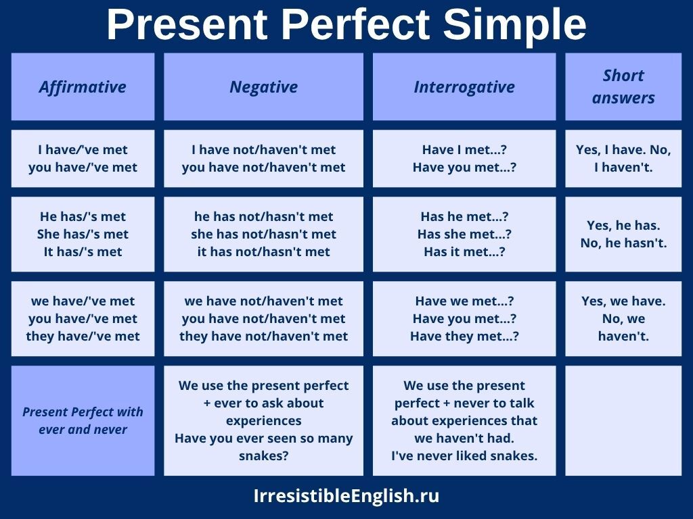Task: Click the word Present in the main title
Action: click(188, 25)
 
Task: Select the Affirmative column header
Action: click(83, 87)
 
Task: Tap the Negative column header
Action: click(263, 87)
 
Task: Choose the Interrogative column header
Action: click(464, 87)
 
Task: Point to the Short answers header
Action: click(623, 86)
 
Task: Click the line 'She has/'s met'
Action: click(83, 234)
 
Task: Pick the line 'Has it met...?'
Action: click(464, 252)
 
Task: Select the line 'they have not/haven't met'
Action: click(263, 337)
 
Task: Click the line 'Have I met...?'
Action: click(464, 150)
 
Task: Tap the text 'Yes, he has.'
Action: click(623, 226)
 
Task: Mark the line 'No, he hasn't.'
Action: click(623, 243)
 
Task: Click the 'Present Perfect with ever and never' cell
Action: click(83, 420)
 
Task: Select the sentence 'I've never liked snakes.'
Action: click(464, 456)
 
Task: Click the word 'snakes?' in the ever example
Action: click(263, 456)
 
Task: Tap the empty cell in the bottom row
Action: click(623, 420)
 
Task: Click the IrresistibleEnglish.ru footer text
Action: click(346, 496)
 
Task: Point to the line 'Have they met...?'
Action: click(464, 337)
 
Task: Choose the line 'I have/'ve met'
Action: click(83, 150)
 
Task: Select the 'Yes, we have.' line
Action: click(623, 301)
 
